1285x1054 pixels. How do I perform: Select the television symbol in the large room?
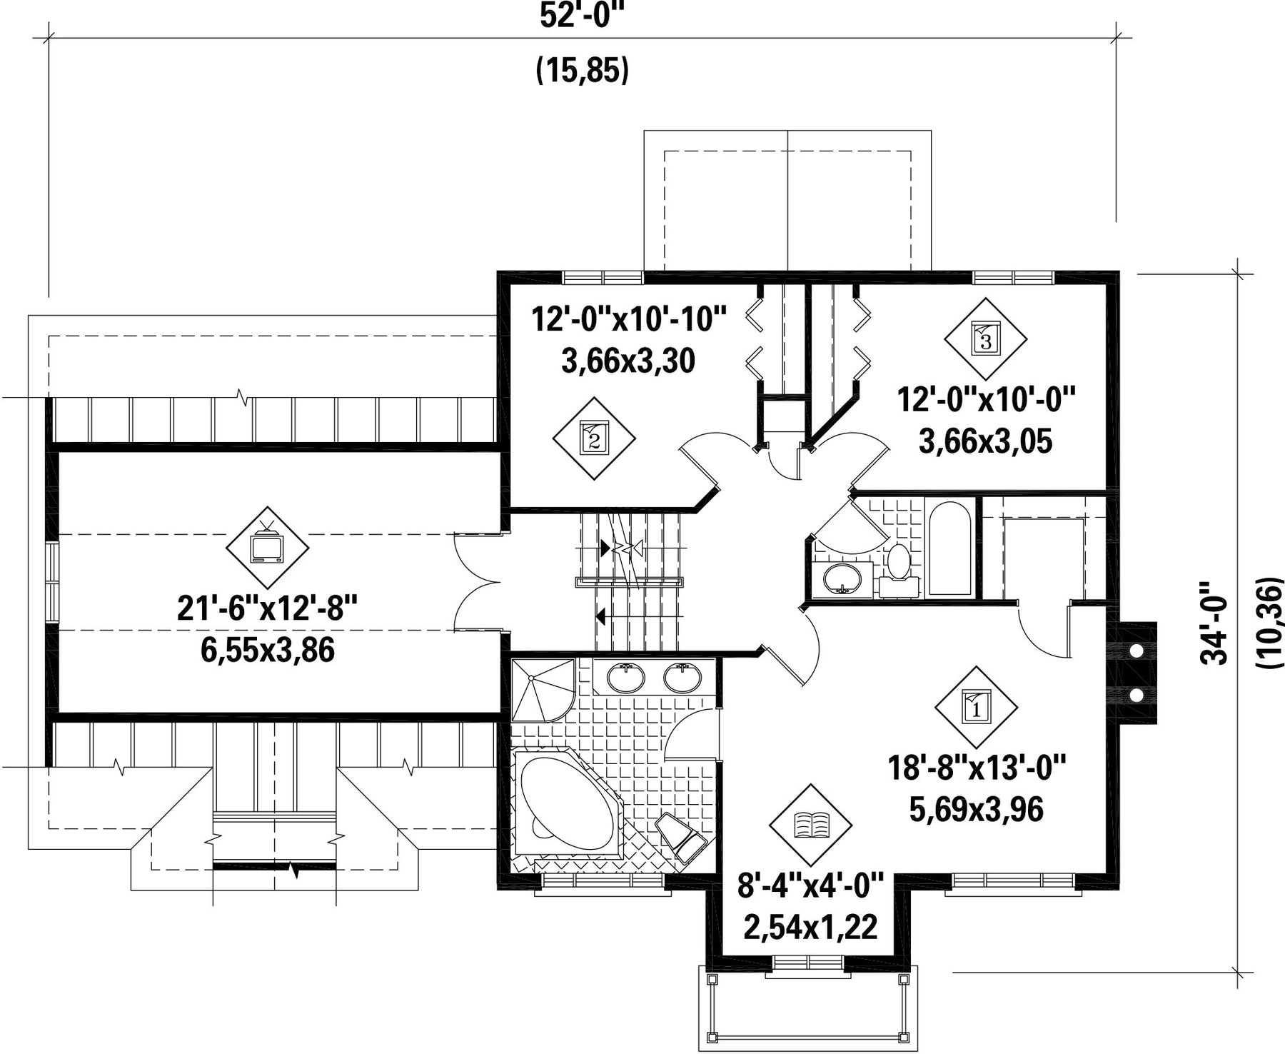pyautogui.click(x=267, y=548)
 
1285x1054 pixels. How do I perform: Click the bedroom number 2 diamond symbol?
pyautogui.click(x=594, y=438)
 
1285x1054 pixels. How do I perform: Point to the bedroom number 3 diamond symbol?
pyautogui.click(x=986, y=338)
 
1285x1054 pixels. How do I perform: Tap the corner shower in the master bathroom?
pyautogui.click(x=543, y=689)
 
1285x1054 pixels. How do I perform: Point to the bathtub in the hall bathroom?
pyautogui.click(x=949, y=548)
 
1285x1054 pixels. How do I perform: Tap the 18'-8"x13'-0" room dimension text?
pyautogui.click(x=977, y=769)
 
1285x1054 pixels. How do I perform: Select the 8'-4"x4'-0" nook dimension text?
pyautogui.click(x=810, y=887)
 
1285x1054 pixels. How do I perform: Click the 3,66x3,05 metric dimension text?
pyautogui.click(x=986, y=441)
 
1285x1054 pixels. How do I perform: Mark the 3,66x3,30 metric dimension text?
pyautogui.click(x=628, y=361)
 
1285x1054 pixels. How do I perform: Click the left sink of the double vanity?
pyautogui.click(x=626, y=677)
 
